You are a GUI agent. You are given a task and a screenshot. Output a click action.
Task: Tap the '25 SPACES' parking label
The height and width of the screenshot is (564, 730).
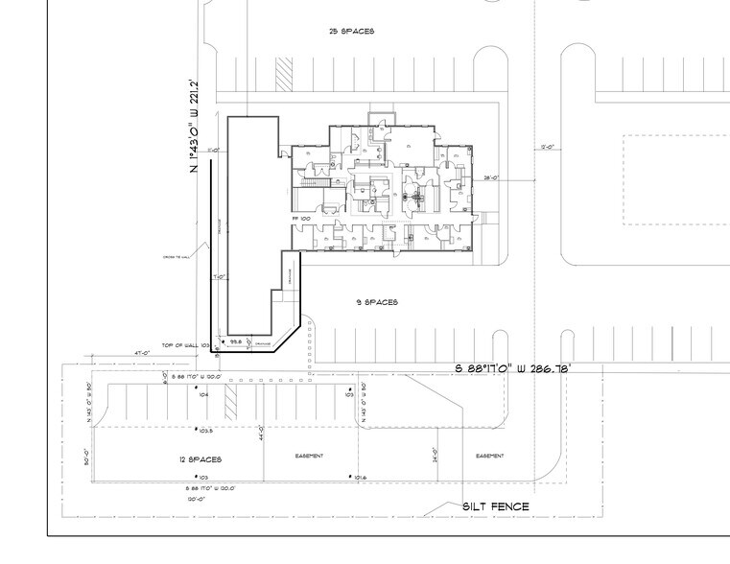point(351,32)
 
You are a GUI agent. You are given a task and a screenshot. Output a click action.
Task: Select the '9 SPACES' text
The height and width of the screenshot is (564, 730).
point(376,302)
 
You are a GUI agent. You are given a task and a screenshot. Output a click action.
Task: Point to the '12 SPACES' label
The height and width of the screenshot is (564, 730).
point(201,459)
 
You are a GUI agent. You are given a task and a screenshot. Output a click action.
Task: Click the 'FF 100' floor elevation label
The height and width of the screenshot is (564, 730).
point(301,219)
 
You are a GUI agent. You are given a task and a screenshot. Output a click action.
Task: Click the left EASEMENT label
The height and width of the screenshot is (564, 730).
point(309,456)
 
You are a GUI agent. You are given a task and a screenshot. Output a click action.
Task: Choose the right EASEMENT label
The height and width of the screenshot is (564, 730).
point(489,456)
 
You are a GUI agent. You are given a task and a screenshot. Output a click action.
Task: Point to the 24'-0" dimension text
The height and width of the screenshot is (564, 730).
point(436,456)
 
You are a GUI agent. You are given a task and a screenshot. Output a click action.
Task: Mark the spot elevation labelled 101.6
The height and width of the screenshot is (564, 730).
point(358,477)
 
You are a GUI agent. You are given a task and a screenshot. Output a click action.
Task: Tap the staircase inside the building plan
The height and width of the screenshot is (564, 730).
point(313,181)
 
